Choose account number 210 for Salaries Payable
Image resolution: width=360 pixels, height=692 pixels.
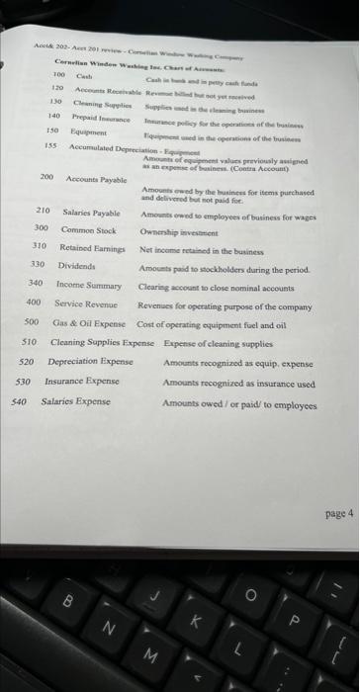coord(43,212)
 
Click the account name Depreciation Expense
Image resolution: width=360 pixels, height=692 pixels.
coord(90,361)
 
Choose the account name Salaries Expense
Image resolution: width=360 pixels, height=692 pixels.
coord(76,402)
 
